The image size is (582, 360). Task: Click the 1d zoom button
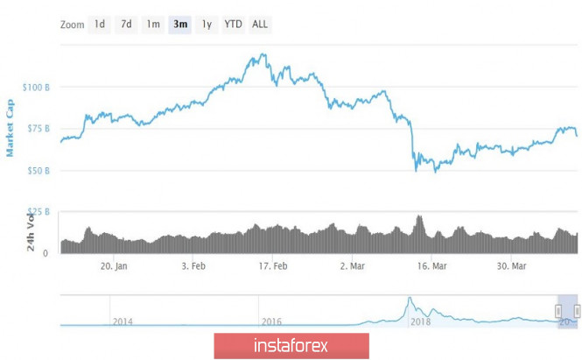[x=100, y=24]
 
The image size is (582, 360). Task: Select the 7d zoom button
[x=126, y=24]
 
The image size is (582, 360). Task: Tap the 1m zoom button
[x=153, y=24]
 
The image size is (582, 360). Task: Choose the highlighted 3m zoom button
[x=180, y=24]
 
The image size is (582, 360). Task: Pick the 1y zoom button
[x=207, y=24]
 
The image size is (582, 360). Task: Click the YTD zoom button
[x=233, y=24]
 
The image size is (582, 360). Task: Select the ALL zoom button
[x=260, y=24]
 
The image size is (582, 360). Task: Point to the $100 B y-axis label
[x=38, y=88]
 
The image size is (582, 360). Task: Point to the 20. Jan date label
[x=115, y=266]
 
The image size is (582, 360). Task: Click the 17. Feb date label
[x=274, y=266]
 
